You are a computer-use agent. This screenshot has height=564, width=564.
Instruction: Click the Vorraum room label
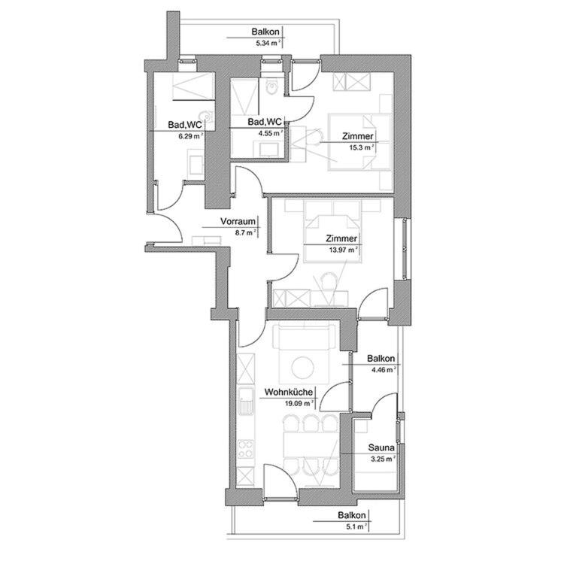coord(238,222)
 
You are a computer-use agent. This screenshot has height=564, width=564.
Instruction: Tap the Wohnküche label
coord(289,392)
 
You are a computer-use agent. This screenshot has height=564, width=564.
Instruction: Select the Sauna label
coord(381,448)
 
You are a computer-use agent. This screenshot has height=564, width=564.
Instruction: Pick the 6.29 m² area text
coord(191,136)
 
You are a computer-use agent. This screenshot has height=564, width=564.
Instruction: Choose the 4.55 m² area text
coord(271,133)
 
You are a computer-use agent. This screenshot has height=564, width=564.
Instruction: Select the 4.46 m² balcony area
coord(384,369)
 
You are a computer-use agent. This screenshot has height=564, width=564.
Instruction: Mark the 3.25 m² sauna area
coord(383,459)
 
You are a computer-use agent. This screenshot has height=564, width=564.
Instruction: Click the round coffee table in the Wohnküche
coord(302,368)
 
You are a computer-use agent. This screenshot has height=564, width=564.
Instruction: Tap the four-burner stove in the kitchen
coord(246,448)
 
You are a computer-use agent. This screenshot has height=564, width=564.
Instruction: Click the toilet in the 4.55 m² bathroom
coord(271,86)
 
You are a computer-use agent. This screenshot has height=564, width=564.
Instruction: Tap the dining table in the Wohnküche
coord(311,445)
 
